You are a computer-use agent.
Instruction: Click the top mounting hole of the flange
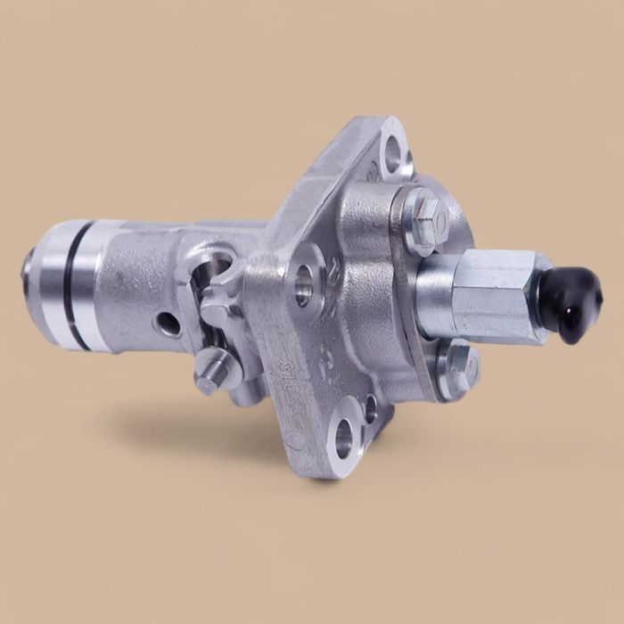tap(391, 147)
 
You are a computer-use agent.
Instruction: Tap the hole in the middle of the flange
tap(305, 285)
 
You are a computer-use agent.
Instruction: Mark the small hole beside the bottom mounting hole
tap(370, 409)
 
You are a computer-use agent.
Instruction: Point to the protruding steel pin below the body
tap(210, 374)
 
